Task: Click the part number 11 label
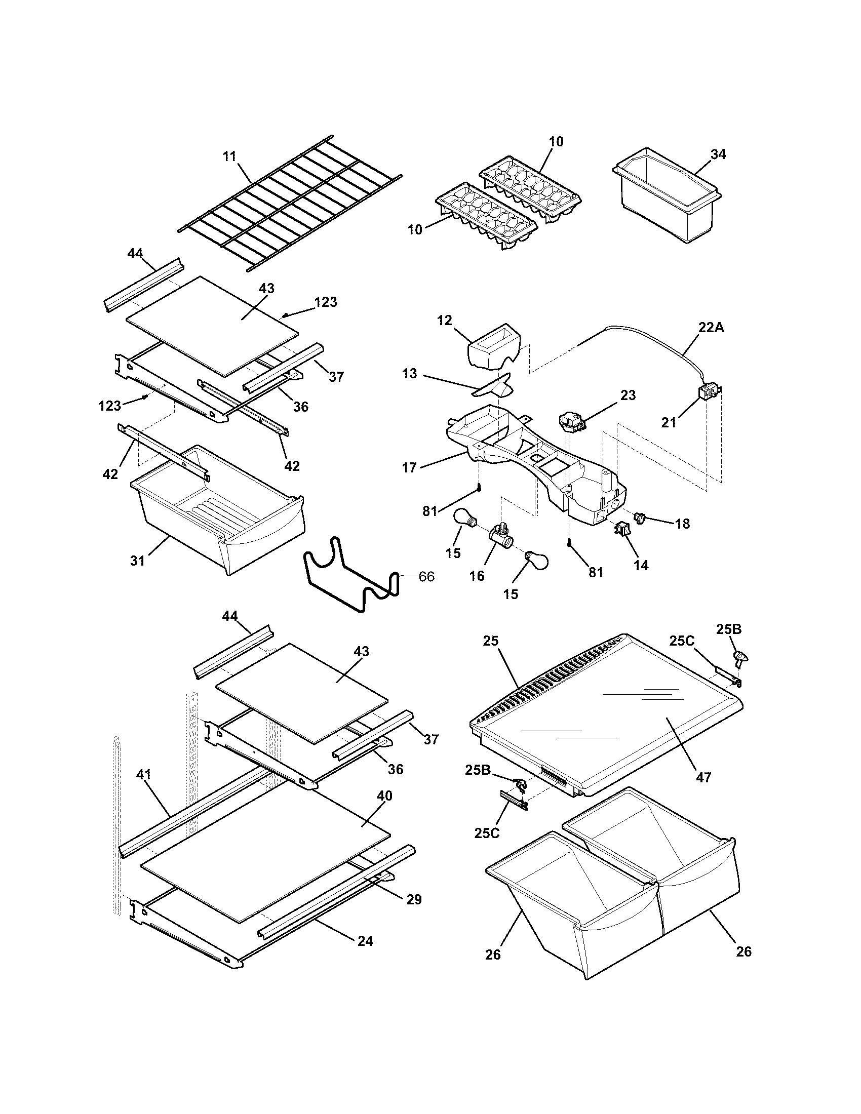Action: pos(229,156)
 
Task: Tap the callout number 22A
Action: pos(711,328)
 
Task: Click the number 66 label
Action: pos(426,576)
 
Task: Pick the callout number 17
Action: pos(409,467)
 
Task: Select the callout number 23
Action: pos(628,395)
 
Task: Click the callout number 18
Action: pos(683,524)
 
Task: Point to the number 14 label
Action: pos(641,565)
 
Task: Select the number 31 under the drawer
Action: pos(137,561)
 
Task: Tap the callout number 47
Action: pos(703,777)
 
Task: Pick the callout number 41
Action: pos(144,774)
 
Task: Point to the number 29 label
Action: pos(414,899)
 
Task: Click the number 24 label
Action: pos(365,941)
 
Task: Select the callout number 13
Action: pos(410,373)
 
